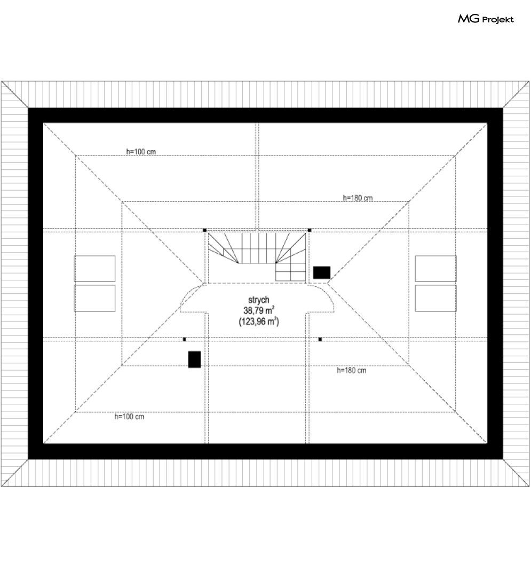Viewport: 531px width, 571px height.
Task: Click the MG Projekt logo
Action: coord(486,19)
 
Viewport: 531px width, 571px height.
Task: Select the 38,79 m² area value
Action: coord(259,310)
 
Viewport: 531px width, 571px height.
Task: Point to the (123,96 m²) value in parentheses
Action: coord(259,322)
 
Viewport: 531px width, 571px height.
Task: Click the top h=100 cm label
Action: coord(141,152)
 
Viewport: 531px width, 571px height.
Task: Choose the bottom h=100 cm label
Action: coord(129,417)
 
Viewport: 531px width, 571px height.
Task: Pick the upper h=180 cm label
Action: coord(358,198)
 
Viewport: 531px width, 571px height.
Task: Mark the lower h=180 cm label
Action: coord(352,370)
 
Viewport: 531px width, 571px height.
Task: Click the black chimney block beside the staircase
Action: coord(321,272)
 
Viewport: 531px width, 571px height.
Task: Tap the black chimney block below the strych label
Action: coord(194,359)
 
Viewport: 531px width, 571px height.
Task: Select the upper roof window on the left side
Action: coord(94,268)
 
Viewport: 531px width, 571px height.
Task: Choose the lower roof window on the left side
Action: coord(94,298)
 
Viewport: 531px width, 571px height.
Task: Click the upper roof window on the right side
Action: coord(435,268)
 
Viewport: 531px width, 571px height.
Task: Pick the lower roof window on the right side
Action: coord(435,298)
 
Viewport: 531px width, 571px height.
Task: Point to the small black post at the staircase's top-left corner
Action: coord(205,230)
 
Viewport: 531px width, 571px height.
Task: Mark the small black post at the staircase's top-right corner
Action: coord(310,230)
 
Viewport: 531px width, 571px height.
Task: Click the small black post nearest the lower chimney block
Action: coord(185,339)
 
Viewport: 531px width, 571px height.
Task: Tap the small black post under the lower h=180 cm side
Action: coord(320,339)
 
